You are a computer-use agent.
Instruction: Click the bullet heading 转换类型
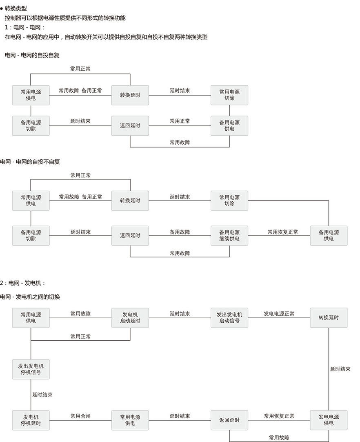pyautogui.click(x=16, y=8)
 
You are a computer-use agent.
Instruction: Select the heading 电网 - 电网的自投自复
pyautogui.click(x=32, y=55)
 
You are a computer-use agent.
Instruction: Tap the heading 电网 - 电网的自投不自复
pyautogui.click(x=30, y=162)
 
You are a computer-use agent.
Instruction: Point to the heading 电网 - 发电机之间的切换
pyautogui.click(x=30, y=297)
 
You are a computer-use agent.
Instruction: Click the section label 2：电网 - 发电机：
pyautogui.click(x=23, y=283)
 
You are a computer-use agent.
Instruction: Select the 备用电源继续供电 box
pyautogui.click(x=229, y=235)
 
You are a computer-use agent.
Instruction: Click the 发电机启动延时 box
pyautogui.click(x=130, y=318)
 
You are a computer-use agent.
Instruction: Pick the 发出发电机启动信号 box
pyautogui.click(x=229, y=318)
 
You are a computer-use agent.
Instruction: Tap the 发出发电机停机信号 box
pyautogui.click(x=31, y=369)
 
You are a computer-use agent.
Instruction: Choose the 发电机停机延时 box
pyautogui.click(x=31, y=420)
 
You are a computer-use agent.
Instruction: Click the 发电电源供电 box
pyautogui.click(x=329, y=420)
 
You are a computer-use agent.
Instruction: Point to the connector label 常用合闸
pyautogui.click(x=80, y=416)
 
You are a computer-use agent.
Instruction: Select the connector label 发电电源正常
pyautogui.click(x=279, y=314)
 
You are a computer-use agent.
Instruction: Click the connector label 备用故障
pyautogui.click(x=180, y=232)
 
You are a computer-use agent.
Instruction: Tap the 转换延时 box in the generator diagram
pyautogui.click(x=329, y=318)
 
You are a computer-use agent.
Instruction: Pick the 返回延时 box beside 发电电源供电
pyautogui.click(x=229, y=420)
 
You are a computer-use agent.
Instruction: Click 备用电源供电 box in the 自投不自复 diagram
pyautogui.click(x=329, y=235)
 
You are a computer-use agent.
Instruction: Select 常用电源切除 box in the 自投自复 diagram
pyautogui.click(x=229, y=95)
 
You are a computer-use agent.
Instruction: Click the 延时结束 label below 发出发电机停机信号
pyautogui.click(x=42, y=395)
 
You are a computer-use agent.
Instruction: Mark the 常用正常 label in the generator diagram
pyautogui.click(x=80, y=336)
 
